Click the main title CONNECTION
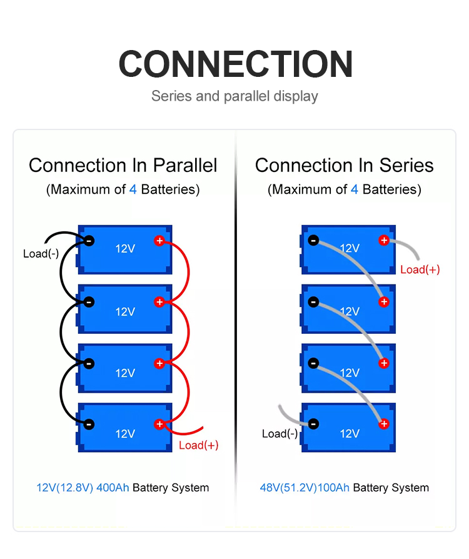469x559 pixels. point(235,64)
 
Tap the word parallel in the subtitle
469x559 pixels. point(247,97)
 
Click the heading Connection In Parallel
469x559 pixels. point(123,166)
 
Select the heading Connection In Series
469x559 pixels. point(344,166)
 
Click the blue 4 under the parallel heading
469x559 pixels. point(133,189)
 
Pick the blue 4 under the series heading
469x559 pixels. point(355,189)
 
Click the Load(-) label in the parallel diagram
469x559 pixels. point(41,254)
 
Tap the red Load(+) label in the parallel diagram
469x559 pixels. point(199,445)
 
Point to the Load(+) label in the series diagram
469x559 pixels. point(420,269)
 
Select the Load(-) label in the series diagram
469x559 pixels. point(280,433)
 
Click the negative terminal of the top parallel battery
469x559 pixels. point(89,241)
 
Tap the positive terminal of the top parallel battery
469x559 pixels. point(159,241)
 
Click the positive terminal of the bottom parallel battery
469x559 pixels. point(159,424)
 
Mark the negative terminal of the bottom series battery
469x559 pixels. point(313,424)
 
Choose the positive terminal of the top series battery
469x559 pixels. point(384,240)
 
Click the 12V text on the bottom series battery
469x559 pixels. point(350,434)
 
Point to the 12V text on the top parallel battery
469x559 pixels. point(125,248)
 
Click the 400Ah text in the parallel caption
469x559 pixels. point(113,487)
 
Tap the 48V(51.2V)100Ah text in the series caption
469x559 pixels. point(305,488)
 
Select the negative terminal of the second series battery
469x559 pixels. point(313,302)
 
